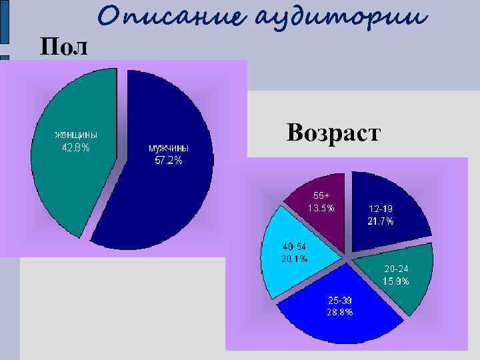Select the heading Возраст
point(333,132)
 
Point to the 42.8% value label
point(75,147)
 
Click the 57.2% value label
point(168,161)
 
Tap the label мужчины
point(168,148)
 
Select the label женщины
point(75,135)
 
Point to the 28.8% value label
point(340,312)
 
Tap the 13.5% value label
point(321,208)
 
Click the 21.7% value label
point(380,221)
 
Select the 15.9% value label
point(396,281)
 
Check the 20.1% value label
point(294,259)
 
